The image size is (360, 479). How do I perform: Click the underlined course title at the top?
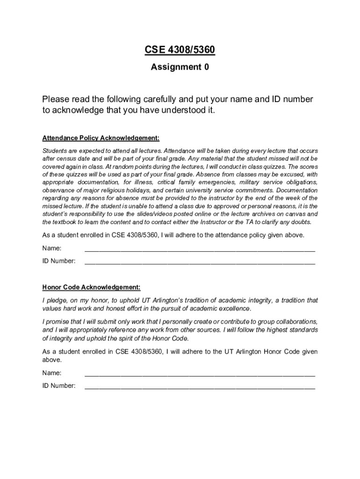[180, 51]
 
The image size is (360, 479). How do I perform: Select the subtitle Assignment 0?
[180, 67]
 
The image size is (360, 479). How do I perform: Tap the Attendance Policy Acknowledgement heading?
[101, 138]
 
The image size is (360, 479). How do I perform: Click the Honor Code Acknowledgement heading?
[91, 287]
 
